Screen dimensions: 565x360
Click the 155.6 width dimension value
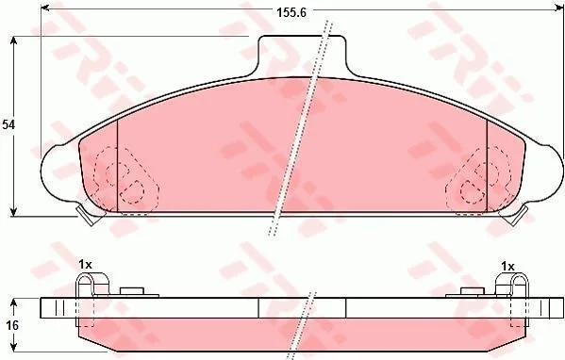pyautogui.click(x=291, y=12)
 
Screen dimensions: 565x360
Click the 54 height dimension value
pyautogui.click(x=8, y=125)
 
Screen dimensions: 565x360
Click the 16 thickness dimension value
pyautogui.click(x=12, y=326)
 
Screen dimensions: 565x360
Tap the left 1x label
pyautogui.click(x=86, y=266)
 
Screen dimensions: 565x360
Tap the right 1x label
pyautogui.click(x=507, y=267)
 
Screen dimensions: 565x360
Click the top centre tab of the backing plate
pyautogui.click(x=302, y=54)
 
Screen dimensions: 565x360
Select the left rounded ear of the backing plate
pyautogui.click(x=54, y=172)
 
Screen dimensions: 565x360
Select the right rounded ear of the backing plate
pyautogui.click(x=550, y=172)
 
